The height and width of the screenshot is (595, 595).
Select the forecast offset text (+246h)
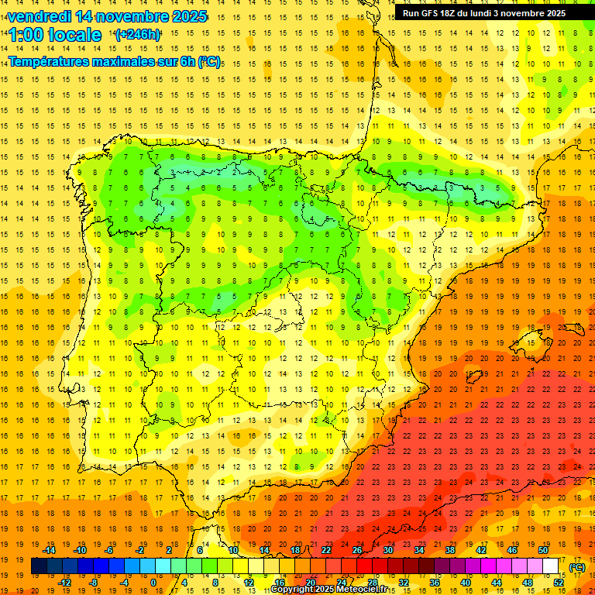137,35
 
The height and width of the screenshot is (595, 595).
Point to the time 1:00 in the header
26,35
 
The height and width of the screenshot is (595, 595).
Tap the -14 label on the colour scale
50,550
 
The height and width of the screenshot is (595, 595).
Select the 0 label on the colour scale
153,583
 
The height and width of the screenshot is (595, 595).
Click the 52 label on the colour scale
559,583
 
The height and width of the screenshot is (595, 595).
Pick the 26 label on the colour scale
357,550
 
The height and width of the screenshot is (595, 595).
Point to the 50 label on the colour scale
543,550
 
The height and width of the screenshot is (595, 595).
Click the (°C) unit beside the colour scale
577,567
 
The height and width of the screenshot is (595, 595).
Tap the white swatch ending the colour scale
551,566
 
